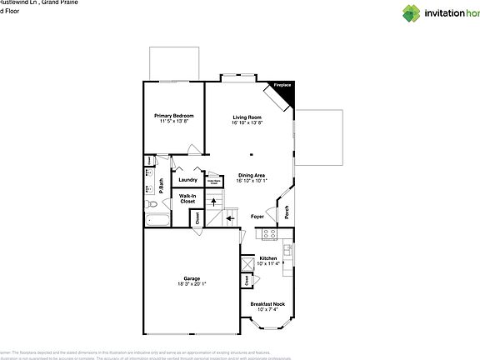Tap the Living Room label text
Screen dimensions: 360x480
[x=247, y=117]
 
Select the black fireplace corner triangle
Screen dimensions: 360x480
[x=285, y=92]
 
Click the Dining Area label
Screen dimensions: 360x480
[x=251, y=174]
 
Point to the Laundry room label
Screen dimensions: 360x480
[x=187, y=179]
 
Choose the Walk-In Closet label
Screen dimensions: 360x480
[x=187, y=198]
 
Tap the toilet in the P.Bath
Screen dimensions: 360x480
[x=152, y=202]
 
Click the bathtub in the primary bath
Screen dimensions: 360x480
[x=157, y=220]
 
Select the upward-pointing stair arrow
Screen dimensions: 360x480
[x=212, y=200]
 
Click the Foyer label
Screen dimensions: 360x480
[x=257, y=217]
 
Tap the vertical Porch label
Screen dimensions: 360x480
[x=286, y=212]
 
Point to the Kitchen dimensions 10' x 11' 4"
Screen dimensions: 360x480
[x=267, y=263]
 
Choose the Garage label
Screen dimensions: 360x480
[x=192, y=277]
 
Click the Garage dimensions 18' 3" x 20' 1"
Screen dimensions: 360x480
[x=192, y=283]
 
